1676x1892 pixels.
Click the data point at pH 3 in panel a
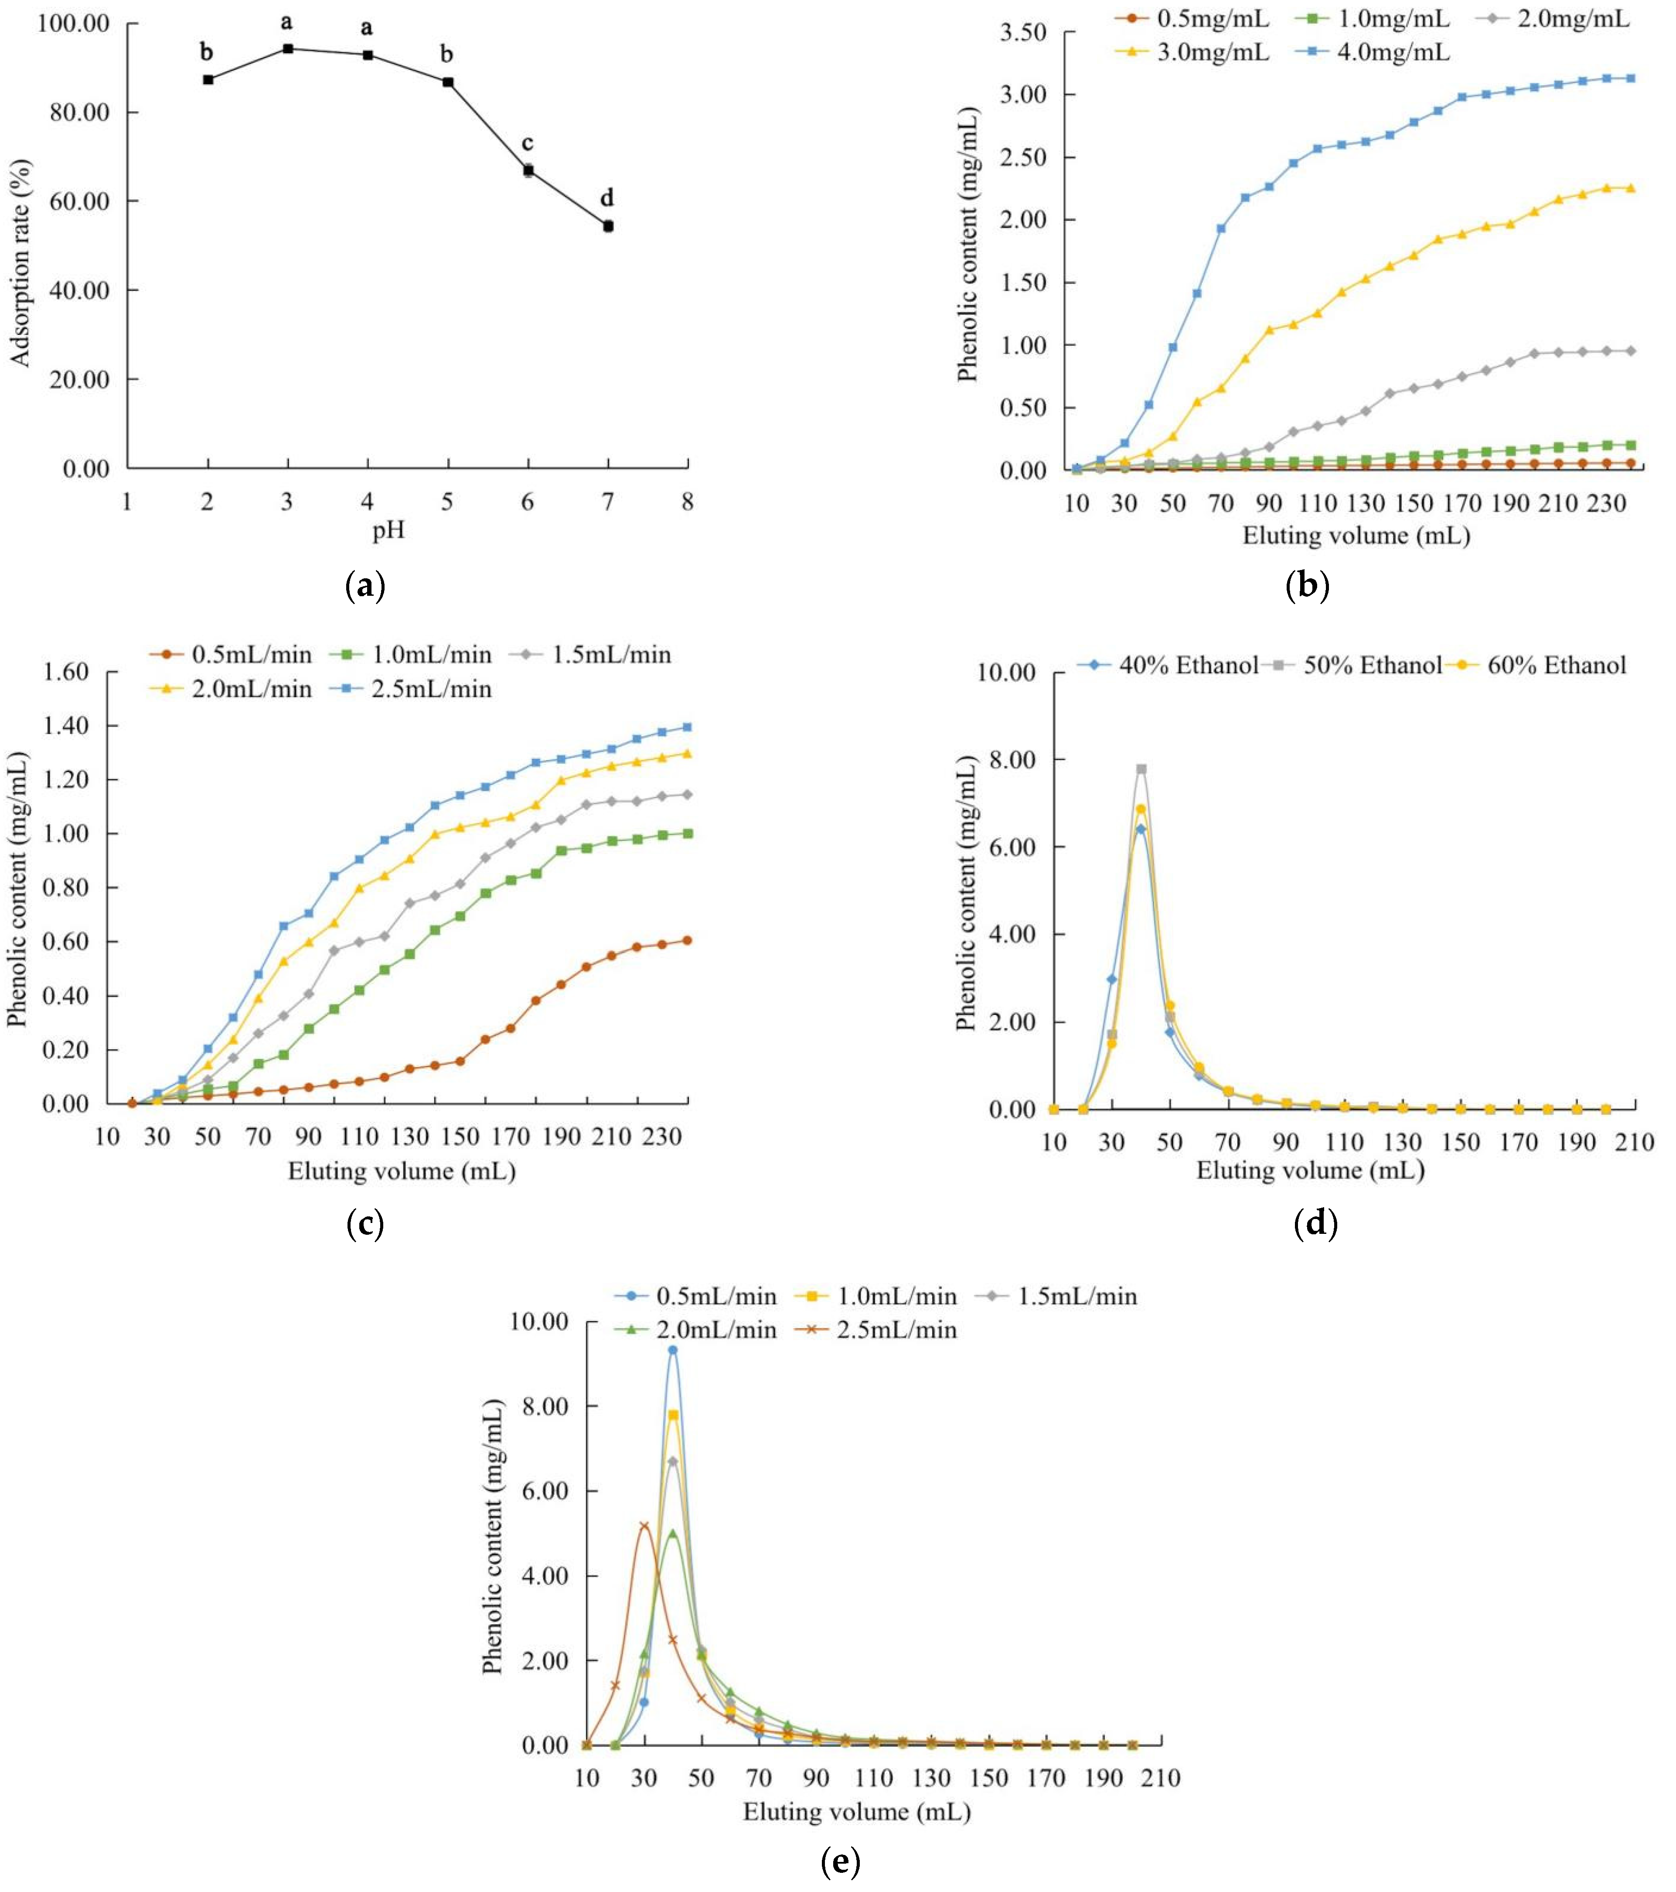pyautogui.click(x=288, y=48)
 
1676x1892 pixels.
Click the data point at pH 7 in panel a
pyautogui.click(x=608, y=226)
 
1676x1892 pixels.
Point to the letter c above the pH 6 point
pyautogui.click(x=528, y=143)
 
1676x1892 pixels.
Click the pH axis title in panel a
pyautogui.click(x=388, y=531)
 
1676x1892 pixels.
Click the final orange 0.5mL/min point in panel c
pyautogui.click(x=687, y=940)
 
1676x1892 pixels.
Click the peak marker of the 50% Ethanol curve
pyautogui.click(x=1141, y=769)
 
